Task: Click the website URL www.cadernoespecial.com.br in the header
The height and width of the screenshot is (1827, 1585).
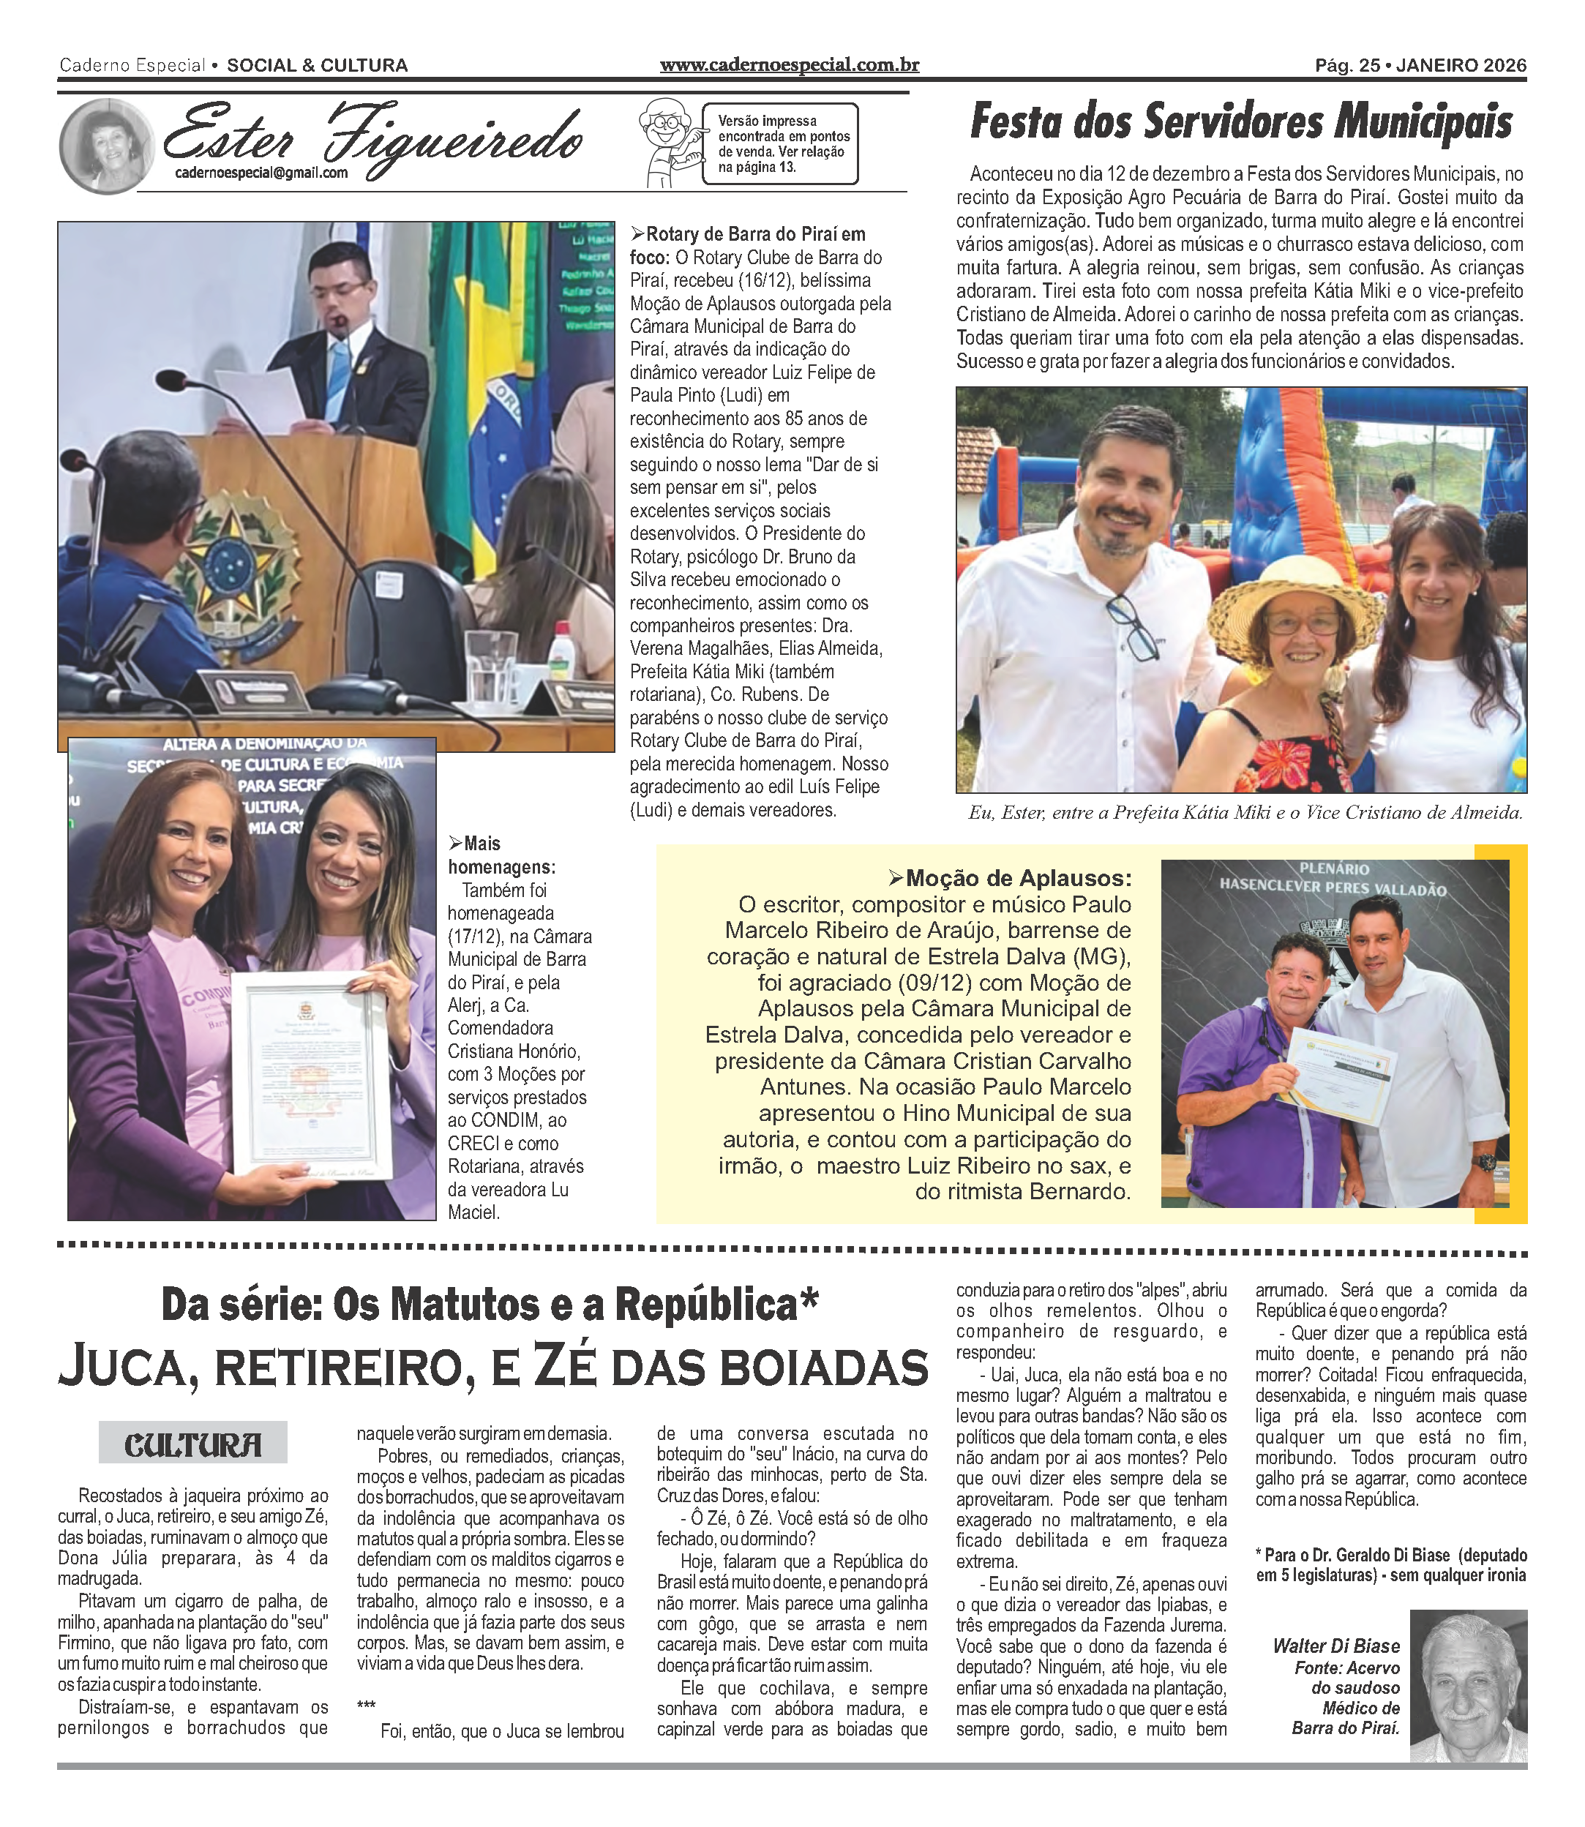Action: pyautogui.click(x=789, y=64)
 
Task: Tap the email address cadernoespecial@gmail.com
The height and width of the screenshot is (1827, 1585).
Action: pyautogui.click(x=261, y=173)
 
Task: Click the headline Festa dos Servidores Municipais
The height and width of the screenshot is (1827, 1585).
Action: pyautogui.click(x=1241, y=122)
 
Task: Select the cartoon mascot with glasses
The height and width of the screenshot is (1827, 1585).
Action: pyautogui.click(x=668, y=141)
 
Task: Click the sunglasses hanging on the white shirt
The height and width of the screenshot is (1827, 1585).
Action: pyautogui.click(x=1135, y=626)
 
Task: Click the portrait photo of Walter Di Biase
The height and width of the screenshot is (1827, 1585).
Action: pyautogui.click(x=1467, y=1687)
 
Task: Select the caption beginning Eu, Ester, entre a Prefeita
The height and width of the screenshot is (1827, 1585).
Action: pyautogui.click(x=1245, y=813)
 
